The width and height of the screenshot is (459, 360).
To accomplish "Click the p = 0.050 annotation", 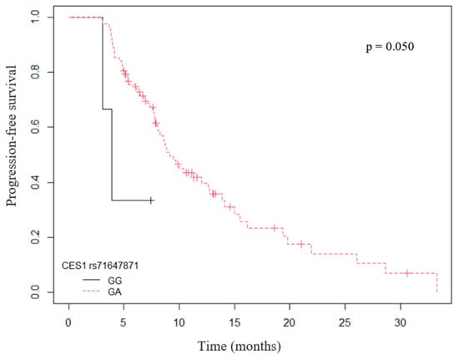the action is tap(390, 47).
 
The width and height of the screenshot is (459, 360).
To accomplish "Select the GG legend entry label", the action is tap(115, 281).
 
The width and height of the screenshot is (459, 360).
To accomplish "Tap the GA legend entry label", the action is tap(115, 292).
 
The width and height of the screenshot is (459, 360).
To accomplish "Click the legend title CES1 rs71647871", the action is tap(100, 266).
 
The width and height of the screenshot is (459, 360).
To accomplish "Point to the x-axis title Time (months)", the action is tap(240, 346).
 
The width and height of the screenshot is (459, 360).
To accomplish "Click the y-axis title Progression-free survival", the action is tap(11, 136).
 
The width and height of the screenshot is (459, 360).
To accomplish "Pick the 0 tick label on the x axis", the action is tap(68, 322).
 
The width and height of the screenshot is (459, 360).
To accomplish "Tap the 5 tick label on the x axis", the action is tap(124, 322).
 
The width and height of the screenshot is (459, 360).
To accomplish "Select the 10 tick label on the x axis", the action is tap(179, 322).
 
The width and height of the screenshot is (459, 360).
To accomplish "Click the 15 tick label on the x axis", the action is tap(235, 322).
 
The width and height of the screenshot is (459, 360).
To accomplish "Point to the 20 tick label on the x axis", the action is tap(290, 322).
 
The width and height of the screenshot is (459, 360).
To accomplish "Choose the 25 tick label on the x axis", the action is tap(345, 322).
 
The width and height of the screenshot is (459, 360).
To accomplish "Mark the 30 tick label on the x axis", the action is tap(400, 322).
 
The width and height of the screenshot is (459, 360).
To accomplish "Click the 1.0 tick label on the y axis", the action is tap(35, 18).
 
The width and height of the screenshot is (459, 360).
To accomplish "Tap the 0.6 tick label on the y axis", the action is tap(35, 127).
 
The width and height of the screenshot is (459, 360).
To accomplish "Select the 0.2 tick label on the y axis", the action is tap(35, 237).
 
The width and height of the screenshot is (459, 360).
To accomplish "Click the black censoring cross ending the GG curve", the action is tap(151, 200).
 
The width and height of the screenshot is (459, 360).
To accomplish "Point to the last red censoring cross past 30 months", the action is tap(407, 273).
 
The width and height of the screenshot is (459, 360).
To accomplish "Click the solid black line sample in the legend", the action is tap(91, 281).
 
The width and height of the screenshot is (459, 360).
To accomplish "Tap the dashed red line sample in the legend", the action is tap(91, 292).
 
